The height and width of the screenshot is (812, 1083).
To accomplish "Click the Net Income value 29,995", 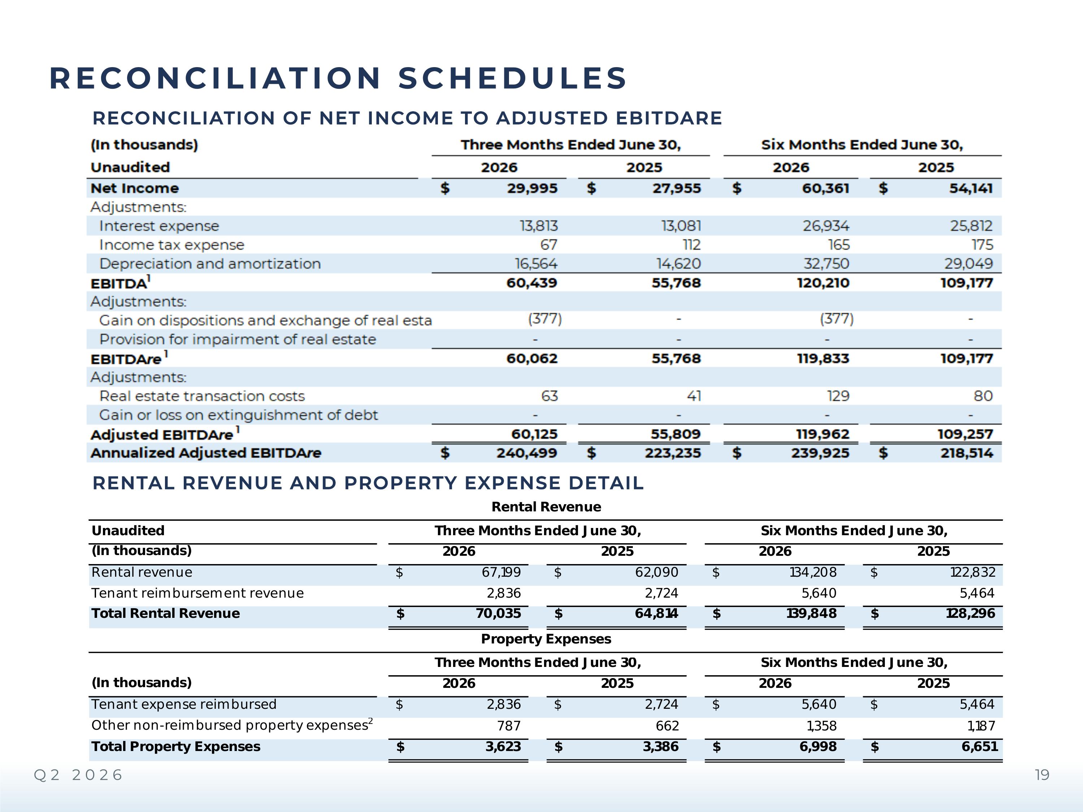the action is [532, 188].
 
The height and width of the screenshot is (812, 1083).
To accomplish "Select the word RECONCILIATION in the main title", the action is [216, 78].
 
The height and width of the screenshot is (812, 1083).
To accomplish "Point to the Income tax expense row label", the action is [171, 245].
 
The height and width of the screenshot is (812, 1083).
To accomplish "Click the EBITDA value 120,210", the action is [823, 283].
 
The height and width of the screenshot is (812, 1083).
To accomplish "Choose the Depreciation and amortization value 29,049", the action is [969, 264].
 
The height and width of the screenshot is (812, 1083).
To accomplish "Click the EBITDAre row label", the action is [126, 359].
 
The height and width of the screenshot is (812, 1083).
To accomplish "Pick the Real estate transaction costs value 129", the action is [838, 396].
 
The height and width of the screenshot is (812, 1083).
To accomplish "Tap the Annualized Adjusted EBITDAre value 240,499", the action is [527, 453].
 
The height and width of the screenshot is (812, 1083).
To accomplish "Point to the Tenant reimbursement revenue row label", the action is [197, 593].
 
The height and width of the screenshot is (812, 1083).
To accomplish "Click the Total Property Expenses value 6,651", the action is [980, 747].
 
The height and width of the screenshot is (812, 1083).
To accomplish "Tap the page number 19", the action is [1042, 775].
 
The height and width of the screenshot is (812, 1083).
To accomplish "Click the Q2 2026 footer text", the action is [78, 775].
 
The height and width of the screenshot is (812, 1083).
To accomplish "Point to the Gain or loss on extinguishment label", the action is [238, 415].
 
